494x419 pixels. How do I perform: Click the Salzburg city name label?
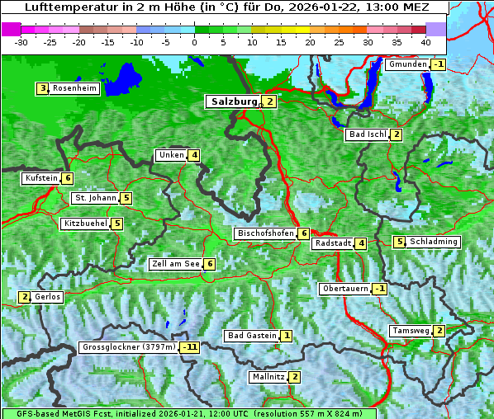click(x=235, y=101)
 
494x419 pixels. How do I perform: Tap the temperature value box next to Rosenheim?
click(x=41, y=88)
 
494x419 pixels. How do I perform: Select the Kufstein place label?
click(x=41, y=178)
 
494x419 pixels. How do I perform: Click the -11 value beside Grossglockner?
click(x=190, y=347)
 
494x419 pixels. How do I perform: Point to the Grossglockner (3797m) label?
click(x=129, y=347)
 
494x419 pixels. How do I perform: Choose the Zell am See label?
click(x=175, y=264)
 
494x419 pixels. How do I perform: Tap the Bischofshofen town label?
click(x=265, y=233)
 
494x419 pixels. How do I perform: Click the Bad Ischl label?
click(x=368, y=134)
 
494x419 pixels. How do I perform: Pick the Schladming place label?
click(x=434, y=242)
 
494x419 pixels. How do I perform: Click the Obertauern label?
click(x=344, y=289)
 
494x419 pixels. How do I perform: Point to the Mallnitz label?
click(x=268, y=377)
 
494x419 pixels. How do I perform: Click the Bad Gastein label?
click(x=252, y=336)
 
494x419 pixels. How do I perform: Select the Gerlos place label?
click(x=48, y=297)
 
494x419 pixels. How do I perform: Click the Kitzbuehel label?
click(x=85, y=224)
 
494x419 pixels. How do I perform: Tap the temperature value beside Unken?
click(x=193, y=155)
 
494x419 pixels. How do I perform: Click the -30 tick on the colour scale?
click(x=21, y=41)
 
